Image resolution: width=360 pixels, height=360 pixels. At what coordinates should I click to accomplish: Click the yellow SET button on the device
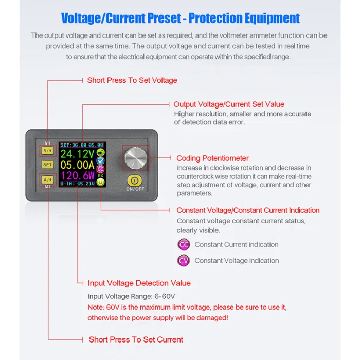pos(47,165)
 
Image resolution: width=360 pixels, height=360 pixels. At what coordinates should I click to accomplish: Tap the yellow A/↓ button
pos(47,179)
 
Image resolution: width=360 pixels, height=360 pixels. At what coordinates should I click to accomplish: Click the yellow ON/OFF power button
pos(134,181)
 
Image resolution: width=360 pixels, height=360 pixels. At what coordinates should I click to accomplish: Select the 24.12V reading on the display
pos(77,154)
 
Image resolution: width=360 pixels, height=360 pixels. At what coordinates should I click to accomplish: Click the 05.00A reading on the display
pos(77,165)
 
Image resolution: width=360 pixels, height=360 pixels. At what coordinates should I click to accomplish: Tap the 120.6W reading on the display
pos(77,176)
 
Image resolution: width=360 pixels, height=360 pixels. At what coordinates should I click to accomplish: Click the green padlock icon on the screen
pos(101,152)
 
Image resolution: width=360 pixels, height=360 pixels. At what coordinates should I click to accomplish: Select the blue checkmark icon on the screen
pos(101,160)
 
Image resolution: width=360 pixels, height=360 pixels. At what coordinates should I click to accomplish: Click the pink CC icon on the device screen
pos(101,169)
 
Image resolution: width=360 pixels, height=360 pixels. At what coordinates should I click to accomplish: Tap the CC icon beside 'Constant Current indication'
pos(184,245)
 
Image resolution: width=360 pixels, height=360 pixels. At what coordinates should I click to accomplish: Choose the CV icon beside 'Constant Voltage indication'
pos(184,261)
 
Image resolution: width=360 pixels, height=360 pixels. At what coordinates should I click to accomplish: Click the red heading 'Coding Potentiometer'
pos(212,158)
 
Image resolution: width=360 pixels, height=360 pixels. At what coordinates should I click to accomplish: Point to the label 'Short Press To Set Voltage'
pos(132,80)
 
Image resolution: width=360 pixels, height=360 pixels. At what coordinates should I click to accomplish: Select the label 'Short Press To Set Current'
pos(136,339)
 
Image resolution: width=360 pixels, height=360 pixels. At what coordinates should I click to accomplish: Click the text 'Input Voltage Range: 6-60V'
pos(131,296)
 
